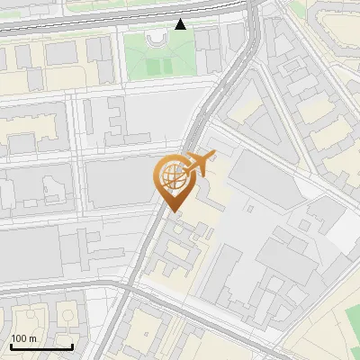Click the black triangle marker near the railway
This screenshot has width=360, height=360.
click(181, 24)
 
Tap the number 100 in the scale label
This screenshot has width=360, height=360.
click(19, 338)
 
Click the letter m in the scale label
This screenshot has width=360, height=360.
click(33, 338)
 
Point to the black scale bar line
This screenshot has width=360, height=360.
click(41, 347)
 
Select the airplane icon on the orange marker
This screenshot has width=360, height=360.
click(197, 164)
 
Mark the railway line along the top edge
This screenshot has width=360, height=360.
click(90, 23)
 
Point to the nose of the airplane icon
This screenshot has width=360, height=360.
click(213, 157)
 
